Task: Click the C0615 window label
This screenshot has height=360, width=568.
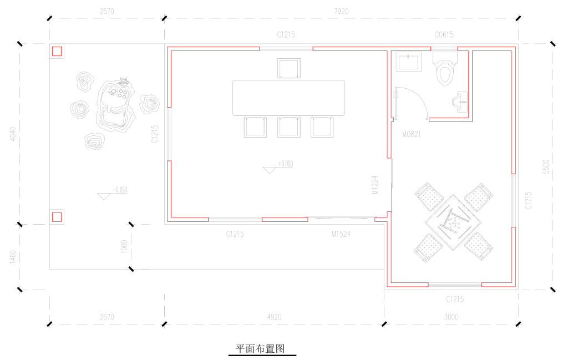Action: (444, 35)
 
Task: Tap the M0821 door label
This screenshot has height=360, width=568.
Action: (411, 134)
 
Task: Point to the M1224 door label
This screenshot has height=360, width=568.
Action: (375, 185)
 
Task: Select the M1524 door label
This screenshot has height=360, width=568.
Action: (341, 234)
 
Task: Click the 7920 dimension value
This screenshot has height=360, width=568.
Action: (341, 12)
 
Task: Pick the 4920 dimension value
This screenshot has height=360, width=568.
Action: (274, 317)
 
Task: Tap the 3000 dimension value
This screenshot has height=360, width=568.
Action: (451, 317)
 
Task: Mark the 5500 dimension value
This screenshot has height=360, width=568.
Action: (546, 166)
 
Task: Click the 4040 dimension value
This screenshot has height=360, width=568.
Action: (13, 134)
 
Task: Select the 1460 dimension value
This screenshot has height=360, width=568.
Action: (13, 257)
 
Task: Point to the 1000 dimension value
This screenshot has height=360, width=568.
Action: (124, 247)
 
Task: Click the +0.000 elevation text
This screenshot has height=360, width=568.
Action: (286, 164)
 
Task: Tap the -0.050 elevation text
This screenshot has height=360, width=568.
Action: (120, 190)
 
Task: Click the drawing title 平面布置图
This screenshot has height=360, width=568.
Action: (261, 348)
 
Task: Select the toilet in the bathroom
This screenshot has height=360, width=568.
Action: (445, 68)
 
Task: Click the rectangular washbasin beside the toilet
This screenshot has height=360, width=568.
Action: (409, 62)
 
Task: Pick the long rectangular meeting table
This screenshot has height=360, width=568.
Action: (288, 98)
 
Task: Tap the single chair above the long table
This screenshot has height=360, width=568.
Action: (288, 68)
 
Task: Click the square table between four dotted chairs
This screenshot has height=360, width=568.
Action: (453, 222)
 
